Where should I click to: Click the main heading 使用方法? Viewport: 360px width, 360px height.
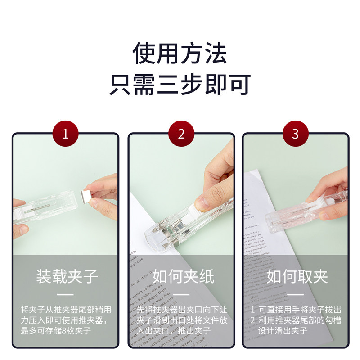180,54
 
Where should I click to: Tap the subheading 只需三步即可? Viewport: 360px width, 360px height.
180,84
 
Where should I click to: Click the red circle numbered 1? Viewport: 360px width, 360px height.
66,134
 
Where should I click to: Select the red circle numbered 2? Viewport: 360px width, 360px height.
181,134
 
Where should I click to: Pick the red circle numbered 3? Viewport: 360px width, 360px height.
295,134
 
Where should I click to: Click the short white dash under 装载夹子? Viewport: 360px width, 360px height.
66,295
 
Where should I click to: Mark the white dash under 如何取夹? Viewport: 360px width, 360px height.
296,295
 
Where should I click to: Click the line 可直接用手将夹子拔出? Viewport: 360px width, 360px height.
299,310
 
